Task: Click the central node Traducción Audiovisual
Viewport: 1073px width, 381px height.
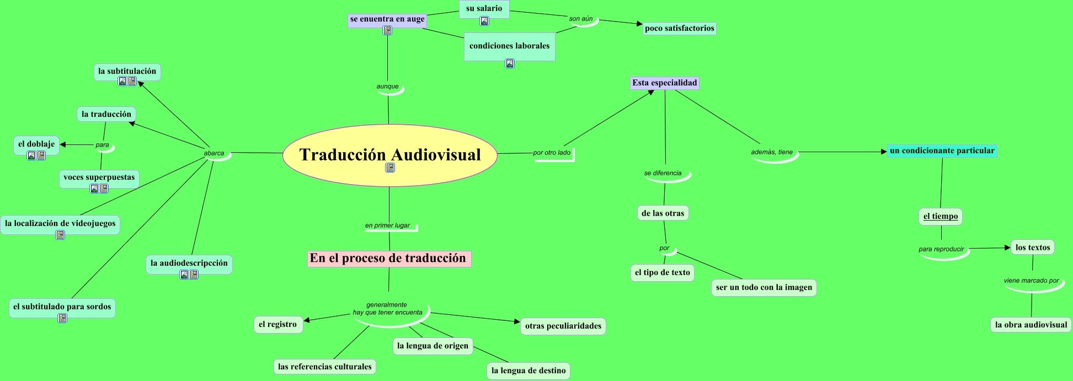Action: [x=389, y=154]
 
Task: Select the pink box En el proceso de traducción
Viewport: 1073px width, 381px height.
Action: [x=388, y=259]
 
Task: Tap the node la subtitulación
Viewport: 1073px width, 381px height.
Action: [x=127, y=71]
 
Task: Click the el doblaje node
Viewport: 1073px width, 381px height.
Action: [x=36, y=144]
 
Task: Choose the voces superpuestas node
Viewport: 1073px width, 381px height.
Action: [x=99, y=177]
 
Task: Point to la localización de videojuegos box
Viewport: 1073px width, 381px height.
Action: [x=60, y=223]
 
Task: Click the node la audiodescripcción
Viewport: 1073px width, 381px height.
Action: [x=189, y=263]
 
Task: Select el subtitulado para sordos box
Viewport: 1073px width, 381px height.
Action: [x=62, y=307]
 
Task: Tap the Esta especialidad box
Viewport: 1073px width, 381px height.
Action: [x=665, y=83]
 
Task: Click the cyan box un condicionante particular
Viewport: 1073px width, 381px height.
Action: [x=942, y=151]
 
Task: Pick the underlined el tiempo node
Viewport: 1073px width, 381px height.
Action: [x=941, y=216]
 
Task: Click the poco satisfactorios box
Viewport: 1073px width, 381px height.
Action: [x=679, y=29]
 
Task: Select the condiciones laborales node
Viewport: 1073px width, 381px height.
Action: [x=509, y=46]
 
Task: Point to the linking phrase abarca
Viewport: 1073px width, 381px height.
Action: [x=214, y=153]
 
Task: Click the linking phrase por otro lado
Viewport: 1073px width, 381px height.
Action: [x=552, y=153]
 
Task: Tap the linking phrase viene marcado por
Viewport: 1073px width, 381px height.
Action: [x=1031, y=281]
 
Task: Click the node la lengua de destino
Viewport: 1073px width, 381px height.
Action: [x=528, y=371]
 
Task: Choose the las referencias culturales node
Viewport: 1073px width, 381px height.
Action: [x=324, y=367]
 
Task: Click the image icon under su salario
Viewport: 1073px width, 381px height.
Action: [x=484, y=21]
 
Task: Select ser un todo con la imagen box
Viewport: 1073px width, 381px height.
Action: [x=764, y=287]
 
